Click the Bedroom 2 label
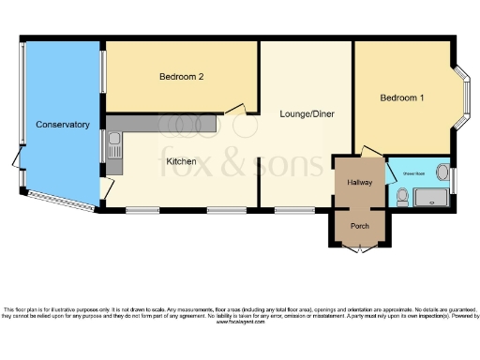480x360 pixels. click(x=181, y=77)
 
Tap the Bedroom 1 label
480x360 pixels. click(x=401, y=98)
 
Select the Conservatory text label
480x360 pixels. click(x=62, y=125)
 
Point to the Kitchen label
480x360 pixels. click(x=181, y=161)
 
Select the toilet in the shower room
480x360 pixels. click(x=401, y=196)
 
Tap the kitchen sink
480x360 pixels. click(x=113, y=145)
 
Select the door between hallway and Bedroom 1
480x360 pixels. click(x=370, y=150)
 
